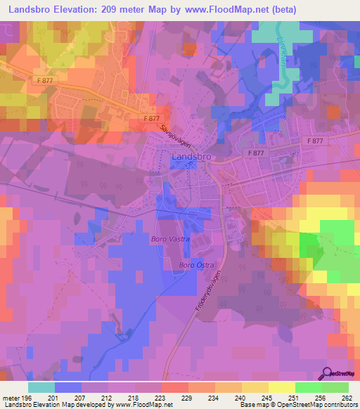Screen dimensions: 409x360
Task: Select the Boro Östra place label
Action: click(x=195, y=265)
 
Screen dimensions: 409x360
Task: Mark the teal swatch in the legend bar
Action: click(x=41, y=387)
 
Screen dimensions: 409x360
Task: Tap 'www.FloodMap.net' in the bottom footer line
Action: click(x=143, y=405)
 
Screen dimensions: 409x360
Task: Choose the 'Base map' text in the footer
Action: click(x=251, y=405)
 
